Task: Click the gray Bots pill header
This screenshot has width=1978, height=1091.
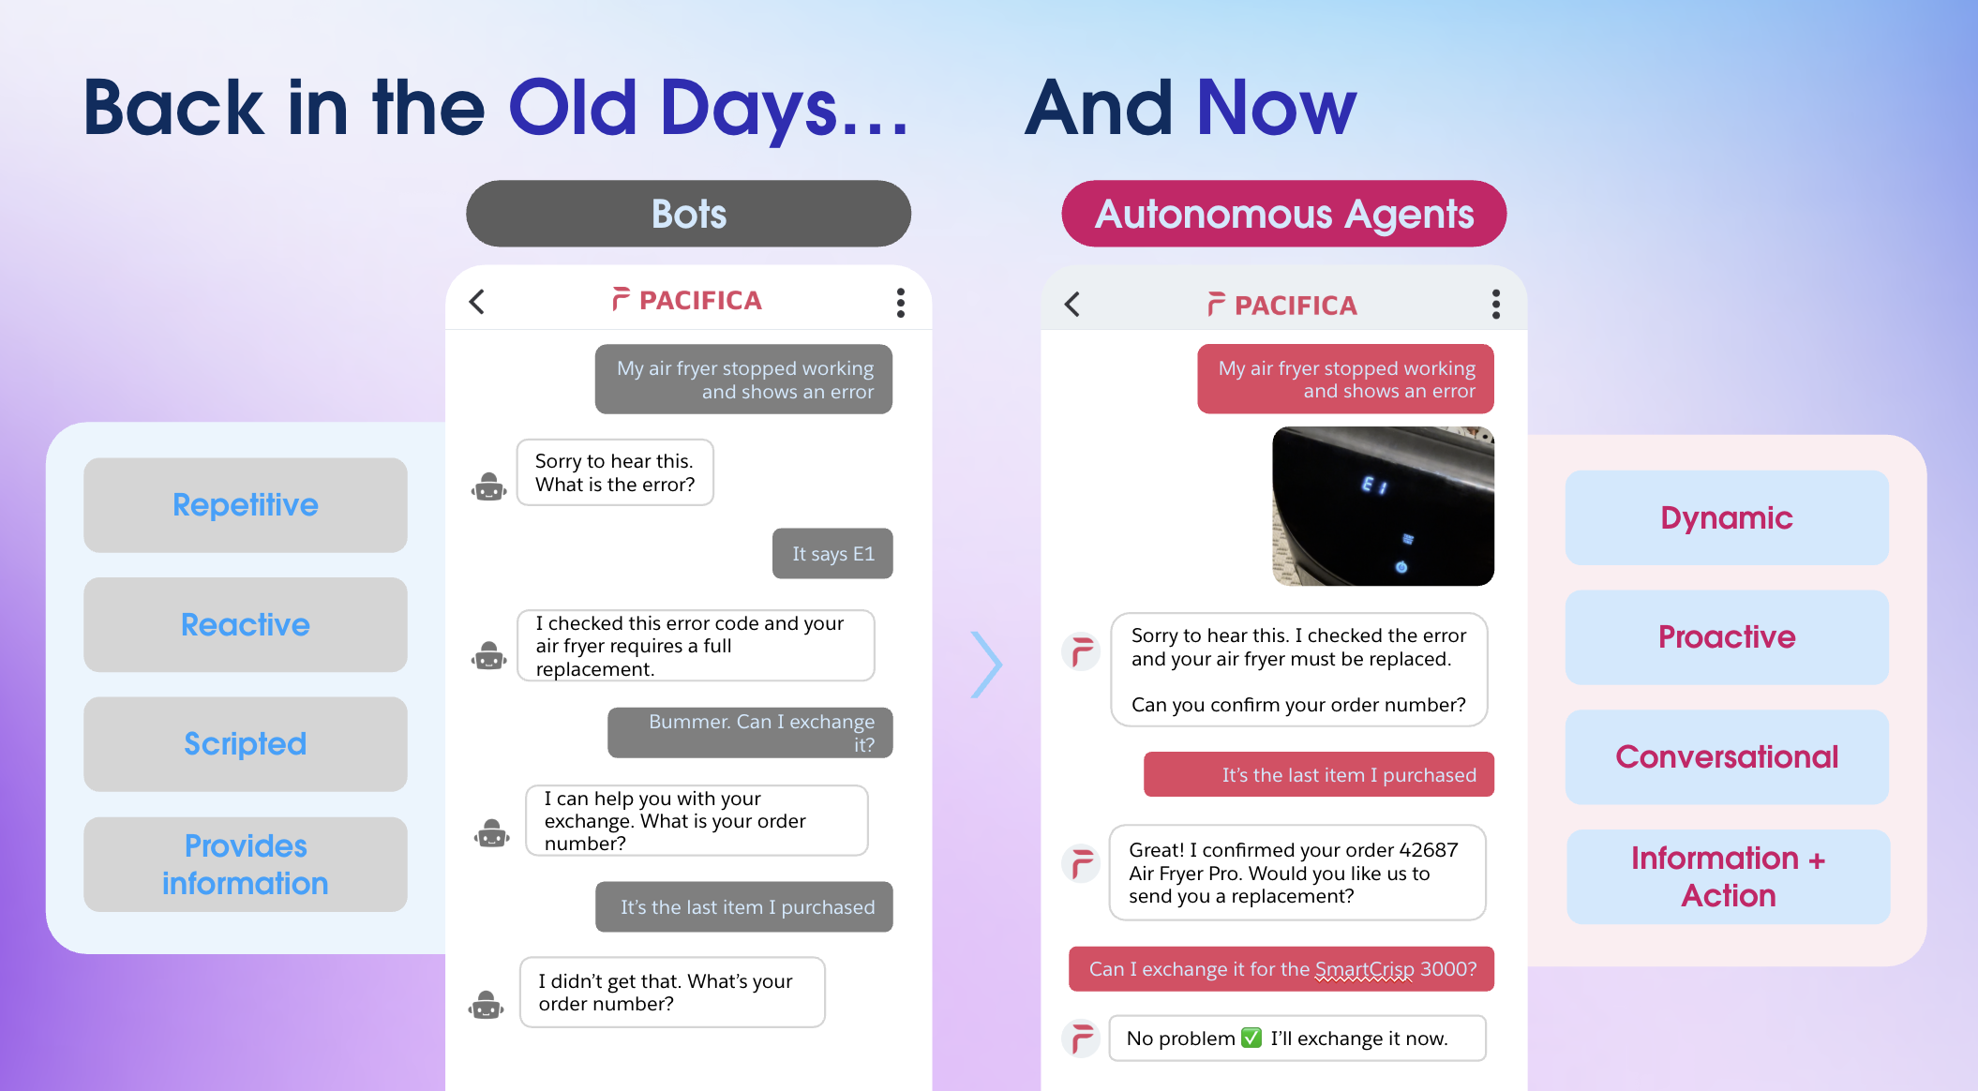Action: [688, 214]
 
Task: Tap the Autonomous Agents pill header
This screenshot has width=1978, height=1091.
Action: [1283, 214]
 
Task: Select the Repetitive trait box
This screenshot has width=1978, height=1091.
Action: [246, 505]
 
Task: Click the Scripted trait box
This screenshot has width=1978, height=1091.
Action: [246, 744]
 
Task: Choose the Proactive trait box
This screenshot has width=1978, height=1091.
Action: [1727, 637]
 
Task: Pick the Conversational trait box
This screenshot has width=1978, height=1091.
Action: [1727, 757]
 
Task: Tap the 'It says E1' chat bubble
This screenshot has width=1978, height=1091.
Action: [832, 554]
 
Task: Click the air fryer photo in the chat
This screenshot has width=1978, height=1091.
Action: [1383, 506]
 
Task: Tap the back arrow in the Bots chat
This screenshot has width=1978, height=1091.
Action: [477, 302]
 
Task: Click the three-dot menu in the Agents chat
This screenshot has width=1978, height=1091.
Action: [1496, 304]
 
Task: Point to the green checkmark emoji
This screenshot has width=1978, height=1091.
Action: [1251, 1038]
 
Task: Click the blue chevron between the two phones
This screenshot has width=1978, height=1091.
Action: [986, 665]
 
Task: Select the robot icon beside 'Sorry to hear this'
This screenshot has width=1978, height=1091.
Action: [489, 486]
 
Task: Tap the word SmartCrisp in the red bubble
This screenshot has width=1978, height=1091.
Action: [1364, 969]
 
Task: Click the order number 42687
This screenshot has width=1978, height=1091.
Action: [1429, 850]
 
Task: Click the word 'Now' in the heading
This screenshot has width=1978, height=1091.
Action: [1277, 108]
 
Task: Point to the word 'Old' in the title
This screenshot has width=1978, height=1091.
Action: [573, 108]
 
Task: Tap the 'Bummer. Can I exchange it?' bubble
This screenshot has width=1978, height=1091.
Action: [750, 733]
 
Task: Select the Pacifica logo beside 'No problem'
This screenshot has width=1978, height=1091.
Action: [1081, 1039]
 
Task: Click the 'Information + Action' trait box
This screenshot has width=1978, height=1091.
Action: [1728, 877]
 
